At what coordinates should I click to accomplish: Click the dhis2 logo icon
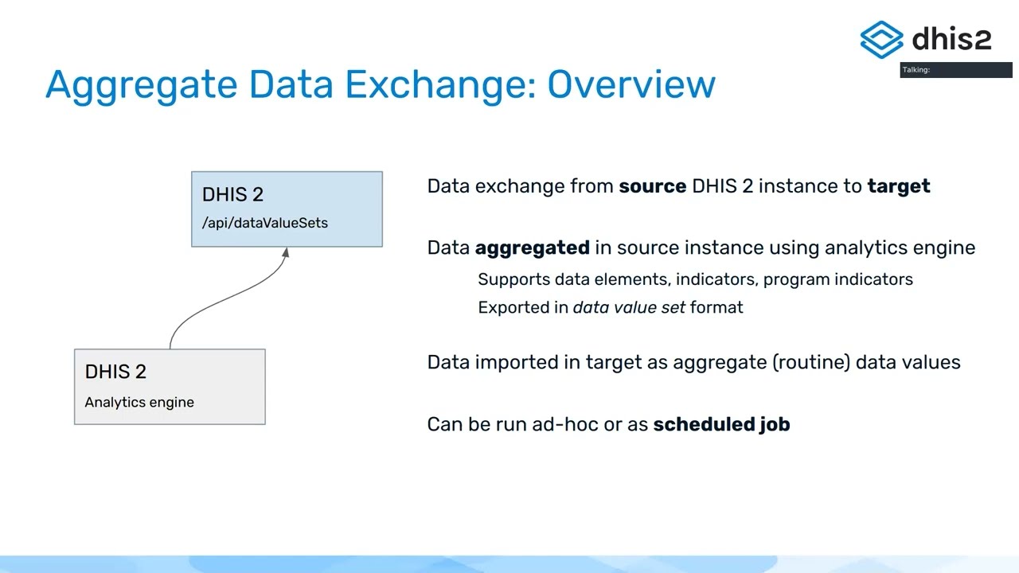coord(881,39)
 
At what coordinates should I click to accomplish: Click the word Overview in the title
coord(631,84)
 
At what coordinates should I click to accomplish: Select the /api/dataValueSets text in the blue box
coord(265,223)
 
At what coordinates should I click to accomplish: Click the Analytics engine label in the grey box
coord(139,402)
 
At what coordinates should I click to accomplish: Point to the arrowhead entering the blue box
coord(285,253)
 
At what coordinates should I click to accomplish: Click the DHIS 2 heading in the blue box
coord(232,194)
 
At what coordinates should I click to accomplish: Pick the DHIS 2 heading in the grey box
coord(115,372)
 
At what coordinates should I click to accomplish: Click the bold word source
coord(652,186)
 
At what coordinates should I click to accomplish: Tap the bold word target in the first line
coord(899,186)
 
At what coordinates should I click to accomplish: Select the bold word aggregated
coord(532,248)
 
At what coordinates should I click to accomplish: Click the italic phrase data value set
coord(629,307)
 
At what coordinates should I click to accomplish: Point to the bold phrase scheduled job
coord(721,424)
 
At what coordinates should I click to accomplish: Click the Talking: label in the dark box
coord(916,70)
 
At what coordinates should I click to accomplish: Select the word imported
coord(528,362)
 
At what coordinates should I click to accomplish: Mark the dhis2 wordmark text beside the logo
coord(951,38)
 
